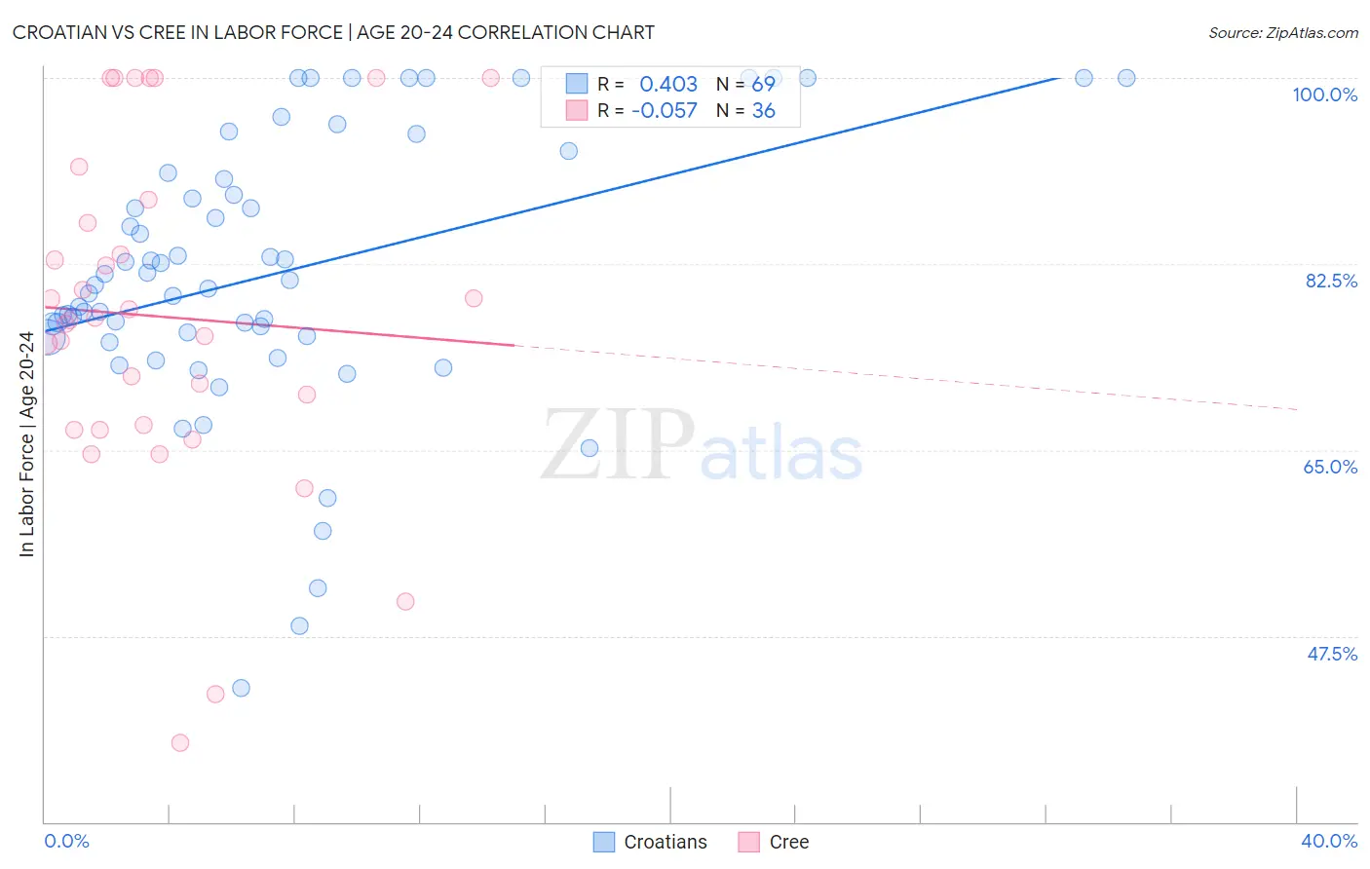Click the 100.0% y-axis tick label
pyautogui.click(x=1324, y=94)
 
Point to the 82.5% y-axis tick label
pyautogui.click(x=1331, y=281)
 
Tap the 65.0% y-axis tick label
pyautogui.click(x=1330, y=467)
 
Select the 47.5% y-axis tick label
pyautogui.click(x=1332, y=654)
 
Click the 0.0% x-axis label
pyautogui.click(x=66, y=841)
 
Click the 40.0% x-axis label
pyautogui.click(x=1329, y=841)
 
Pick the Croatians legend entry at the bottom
pyautogui.click(x=651, y=842)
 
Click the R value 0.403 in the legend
pyautogui.click(x=668, y=85)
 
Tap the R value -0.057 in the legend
pyautogui.click(x=665, y=111)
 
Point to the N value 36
pyautogui.click(x=763, y=111)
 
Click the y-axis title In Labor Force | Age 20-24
pyautogui.click(x=26, y=444)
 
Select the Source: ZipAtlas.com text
pyautogui.click(x=1282, y=33)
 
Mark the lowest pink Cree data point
pyautogui.click(x=180, y=742)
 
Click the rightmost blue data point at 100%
pyautogui.click(x=1126, y=78)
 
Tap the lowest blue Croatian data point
pyautogui.click(x=241, y=688)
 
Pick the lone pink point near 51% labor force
pyautogui.click(x=405, y=601)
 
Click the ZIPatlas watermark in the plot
pyautogui.click(x=702, y=445)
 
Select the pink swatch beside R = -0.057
pyautogui.click(x=577, y=110)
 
